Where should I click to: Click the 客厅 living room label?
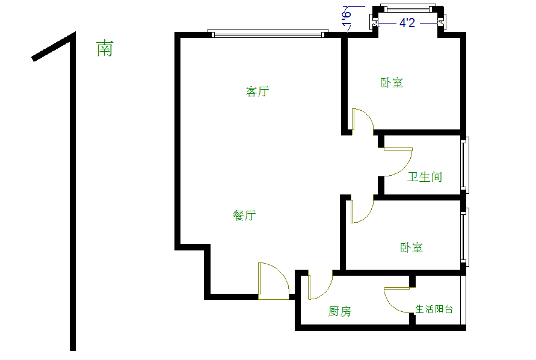(257, 92)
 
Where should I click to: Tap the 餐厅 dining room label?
(244, 216)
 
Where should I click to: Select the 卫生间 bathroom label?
(425, 177)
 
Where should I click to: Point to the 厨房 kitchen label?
(340, 311)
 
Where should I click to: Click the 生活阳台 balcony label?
(434, 309)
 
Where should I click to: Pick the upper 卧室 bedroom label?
(392, 82)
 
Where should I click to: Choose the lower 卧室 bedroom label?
(411, 247)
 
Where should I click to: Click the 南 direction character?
(105, 49)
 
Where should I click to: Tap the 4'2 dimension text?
(407, 23)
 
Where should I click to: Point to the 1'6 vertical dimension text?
(347, 18)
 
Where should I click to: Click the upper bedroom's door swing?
(362, 120)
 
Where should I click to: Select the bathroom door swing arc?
(397, 162)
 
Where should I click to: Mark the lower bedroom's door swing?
(361, 210)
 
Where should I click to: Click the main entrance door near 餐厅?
(273, 280)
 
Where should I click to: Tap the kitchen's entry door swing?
(319, 286)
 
